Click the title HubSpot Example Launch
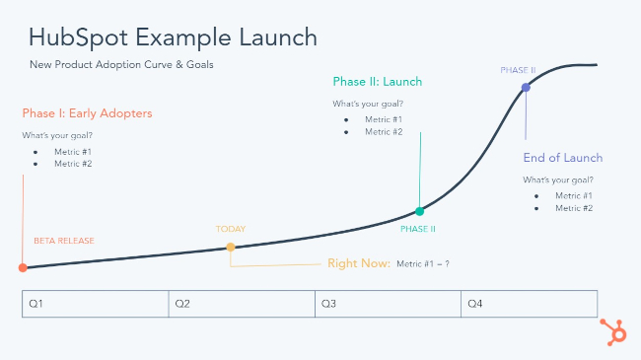pyautogui.click(x=173, y=38)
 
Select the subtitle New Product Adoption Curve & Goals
pyautogui.click(x=121, y=65)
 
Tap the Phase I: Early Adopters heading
pyautogui.click(x=88, y=113)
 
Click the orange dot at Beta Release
pyautogui.click(x=23, y=267)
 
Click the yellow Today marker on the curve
pyautogui.click(x=231, y=247)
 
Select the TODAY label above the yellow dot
pyautogui.click(x=231, y=230)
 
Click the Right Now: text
pyautogui.click(x=358, y=264)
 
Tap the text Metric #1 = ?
pyautogui.click(x=423, y=264)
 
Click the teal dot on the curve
pyautogui.click(x=420, y=211)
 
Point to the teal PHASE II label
pyautogui.click(x=418, y=229)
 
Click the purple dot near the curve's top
pyautogui.click(x=526, y=88)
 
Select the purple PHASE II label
pyautogui.click(x=519, y=71)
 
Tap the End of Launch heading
pyautogui.click(x=562, y=158)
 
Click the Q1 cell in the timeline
pyautogui.click(x=95, y=304)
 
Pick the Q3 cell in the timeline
pyautogui.click(x=388, y=304)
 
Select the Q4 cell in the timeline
pyautogui.click(x=529, y=304)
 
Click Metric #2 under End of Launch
pyautogui.click(x=573, y=208)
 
